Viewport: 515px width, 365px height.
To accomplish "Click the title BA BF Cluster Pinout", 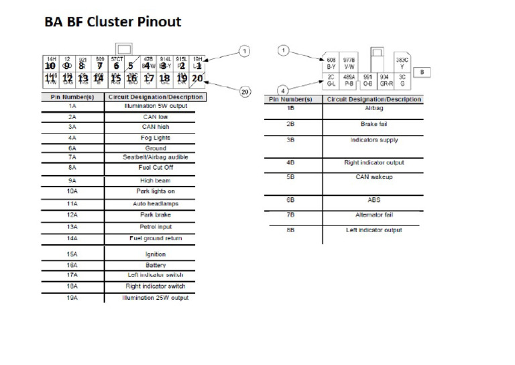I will [x=113, y=22].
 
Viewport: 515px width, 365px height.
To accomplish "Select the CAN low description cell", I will [x=154, y=117].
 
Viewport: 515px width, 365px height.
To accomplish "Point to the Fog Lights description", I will [x=154, y=138].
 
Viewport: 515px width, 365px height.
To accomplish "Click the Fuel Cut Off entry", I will [x=155, y=167].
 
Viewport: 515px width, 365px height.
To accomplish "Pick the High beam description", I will [x=155, y=180].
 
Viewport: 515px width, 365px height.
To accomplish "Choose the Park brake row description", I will [x=155, y=215].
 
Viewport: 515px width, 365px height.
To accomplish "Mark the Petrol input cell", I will [x=155, y=226].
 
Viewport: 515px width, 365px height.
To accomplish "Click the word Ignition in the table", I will [x=155, y=254].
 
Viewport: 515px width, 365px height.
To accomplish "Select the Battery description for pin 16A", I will [x=155, y=265].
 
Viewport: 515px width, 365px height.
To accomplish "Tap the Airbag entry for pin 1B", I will [x=374, y=108].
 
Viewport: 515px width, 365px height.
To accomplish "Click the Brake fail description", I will [x=374, y=124].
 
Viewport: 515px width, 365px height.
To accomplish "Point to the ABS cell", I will [x=374, y=199].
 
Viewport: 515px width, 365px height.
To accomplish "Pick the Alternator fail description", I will [x=374, y=215].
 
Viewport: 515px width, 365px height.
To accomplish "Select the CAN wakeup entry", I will [x=374, y=177].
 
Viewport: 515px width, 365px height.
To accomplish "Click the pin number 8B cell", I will [x=291, y=230].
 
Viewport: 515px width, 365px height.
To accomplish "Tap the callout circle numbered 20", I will [x=245, y=91].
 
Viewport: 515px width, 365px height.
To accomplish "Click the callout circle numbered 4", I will [x=284, y=90].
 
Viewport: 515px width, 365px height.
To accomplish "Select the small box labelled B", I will [x=422, y=72].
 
